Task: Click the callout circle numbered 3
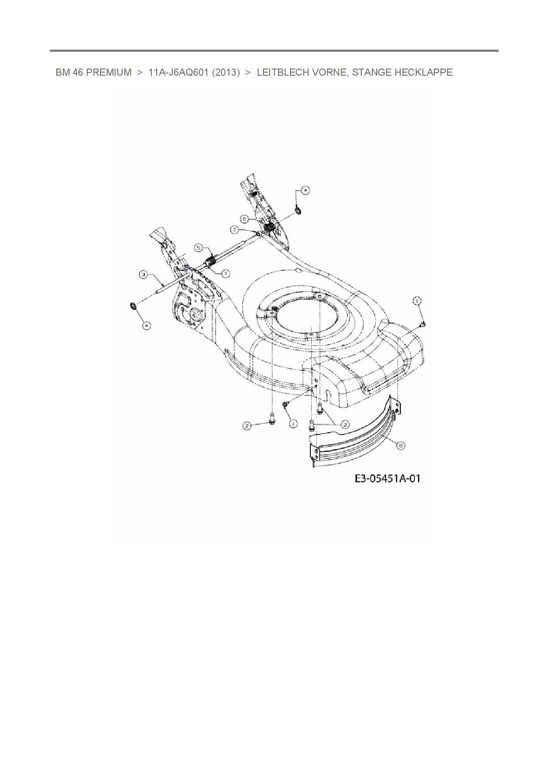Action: coord(143,275)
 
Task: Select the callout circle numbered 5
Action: coord(199,248)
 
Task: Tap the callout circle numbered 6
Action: coord(244,219)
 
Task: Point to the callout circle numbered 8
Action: coord(400,446)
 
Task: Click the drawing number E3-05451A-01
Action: coord(387,478)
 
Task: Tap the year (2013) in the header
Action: coord(226,72)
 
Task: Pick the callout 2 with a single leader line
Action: coord(247,426)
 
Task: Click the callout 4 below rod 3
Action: coord(147,325)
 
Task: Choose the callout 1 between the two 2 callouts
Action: coord(293,423)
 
